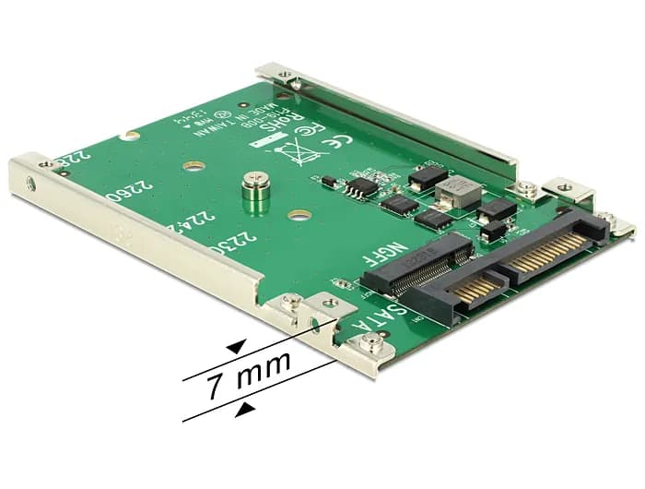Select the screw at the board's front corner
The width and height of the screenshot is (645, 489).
[371, 346]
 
